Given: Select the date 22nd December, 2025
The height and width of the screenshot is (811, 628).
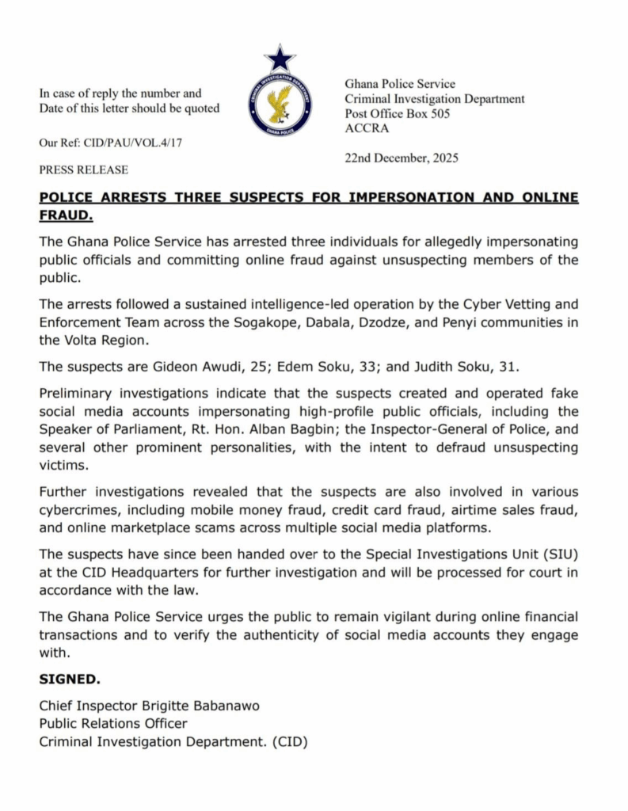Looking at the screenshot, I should point(402,158).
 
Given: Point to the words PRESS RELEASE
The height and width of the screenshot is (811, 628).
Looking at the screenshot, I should point(84,169).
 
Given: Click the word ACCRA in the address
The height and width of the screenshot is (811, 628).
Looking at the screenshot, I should point(363,128).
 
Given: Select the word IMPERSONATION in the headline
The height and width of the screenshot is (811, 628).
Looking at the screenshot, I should point(374,197).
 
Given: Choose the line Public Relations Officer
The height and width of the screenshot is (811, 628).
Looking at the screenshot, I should point(113,724).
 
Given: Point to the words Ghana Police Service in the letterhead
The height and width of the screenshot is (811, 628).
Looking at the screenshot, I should point(400,84).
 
